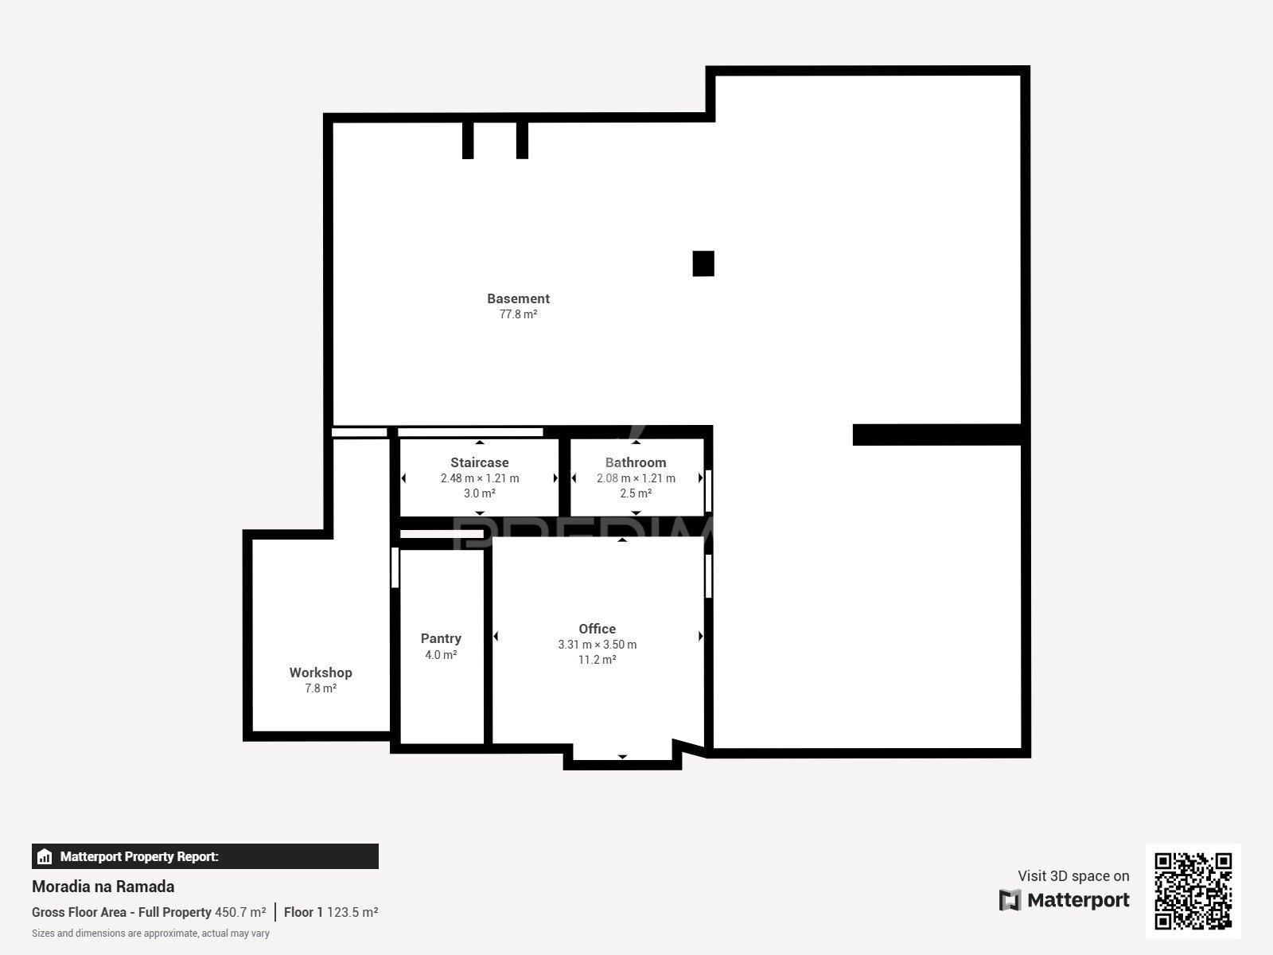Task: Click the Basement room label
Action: coord(518,298)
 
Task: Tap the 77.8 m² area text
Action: coord(518,314)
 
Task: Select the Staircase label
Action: coord(480,462)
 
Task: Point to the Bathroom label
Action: coord(636,462)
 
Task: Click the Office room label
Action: coord(598,629)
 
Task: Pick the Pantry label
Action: coord(441,638)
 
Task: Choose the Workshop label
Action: coord(321,672)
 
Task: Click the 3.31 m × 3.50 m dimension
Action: coord(598,644)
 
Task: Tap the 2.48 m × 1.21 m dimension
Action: coord(480,478)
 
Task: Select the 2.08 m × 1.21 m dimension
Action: coord(636,478)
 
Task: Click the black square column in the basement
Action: coord(703,264)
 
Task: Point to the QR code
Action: coord(1193,891)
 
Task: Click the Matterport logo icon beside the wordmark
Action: coord(1010,900)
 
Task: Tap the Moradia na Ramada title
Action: coord(103,887)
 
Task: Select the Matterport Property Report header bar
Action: coord(205,856)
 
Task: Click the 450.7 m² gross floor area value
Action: coord(240,912)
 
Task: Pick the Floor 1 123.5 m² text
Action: coord(331,912)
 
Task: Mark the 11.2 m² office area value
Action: coord(598,660)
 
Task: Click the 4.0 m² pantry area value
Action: coord(441,655)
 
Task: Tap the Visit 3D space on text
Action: coord(1073,875)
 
